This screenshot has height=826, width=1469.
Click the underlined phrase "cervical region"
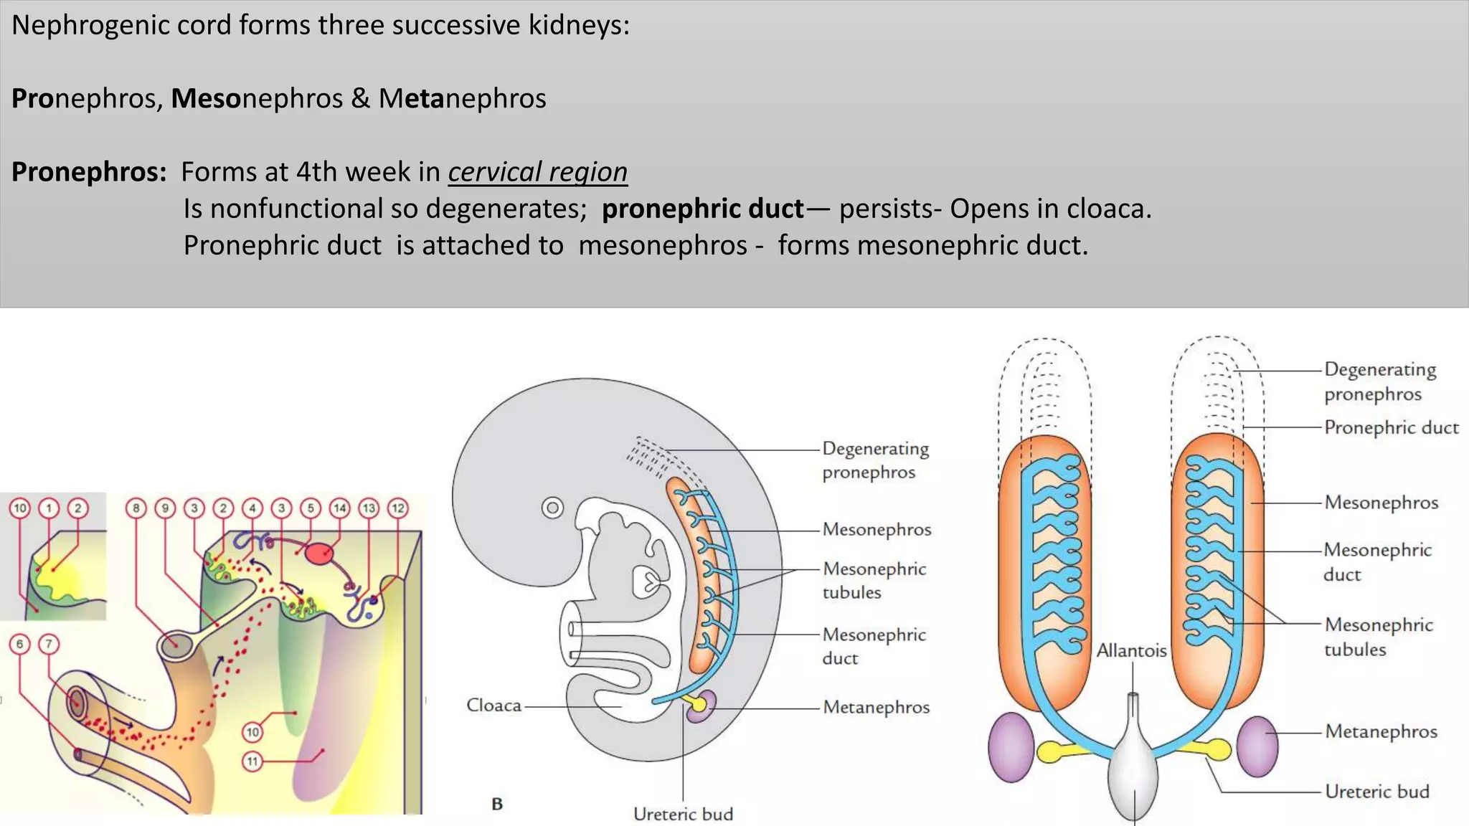point(537,172)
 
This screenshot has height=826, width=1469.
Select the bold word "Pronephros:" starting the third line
point(89,172)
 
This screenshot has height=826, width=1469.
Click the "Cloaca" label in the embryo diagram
point(493,706)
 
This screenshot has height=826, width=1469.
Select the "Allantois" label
point(1131,650)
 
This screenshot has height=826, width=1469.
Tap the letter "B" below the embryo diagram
point(497,804)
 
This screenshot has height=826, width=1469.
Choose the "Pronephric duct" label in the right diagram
point(1391,427)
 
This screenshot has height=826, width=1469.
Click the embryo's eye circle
point(552,508)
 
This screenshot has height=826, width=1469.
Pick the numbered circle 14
point(339,508)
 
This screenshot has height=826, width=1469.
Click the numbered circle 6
point(20,644)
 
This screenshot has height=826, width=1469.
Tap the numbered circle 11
point(252,761)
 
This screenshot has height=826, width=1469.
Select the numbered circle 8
point(136,508)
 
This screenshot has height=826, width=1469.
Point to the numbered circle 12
point(398,508)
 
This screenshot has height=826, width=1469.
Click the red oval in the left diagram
point(319,553)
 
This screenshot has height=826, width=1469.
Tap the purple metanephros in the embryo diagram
point(704,705)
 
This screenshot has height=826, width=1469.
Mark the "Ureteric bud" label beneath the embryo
point(683,814)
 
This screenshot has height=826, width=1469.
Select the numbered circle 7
point(49,644)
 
